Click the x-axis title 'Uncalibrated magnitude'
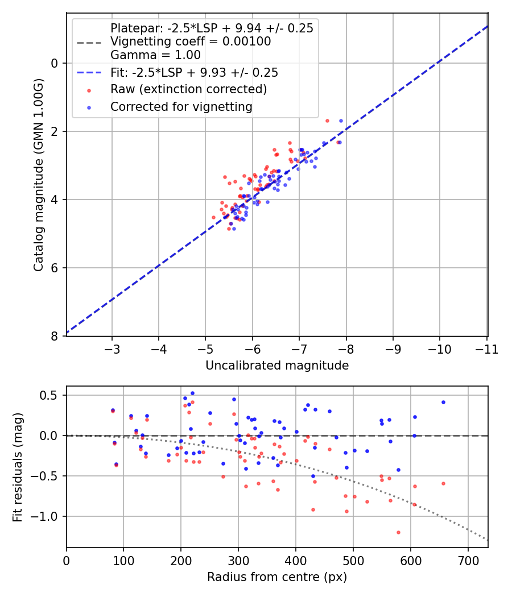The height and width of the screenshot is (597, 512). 276,366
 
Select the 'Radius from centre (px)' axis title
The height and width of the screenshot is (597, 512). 276,577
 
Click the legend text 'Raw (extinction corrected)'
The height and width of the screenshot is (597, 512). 188,89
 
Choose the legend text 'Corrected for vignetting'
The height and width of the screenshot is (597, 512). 181,106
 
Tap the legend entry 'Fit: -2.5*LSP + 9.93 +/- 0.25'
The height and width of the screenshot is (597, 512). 194,72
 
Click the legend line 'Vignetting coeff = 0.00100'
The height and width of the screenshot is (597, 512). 191,42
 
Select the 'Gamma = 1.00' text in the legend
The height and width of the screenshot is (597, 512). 155,55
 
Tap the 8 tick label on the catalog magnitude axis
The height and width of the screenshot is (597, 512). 55,336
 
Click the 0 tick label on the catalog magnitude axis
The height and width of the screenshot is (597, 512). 55,63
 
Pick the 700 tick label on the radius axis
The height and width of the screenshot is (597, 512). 468,560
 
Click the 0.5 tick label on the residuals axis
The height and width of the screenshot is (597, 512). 49,395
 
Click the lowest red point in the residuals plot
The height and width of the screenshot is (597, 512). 398,532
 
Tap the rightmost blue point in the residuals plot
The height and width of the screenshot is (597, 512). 443,402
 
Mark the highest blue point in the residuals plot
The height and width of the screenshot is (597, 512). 192,393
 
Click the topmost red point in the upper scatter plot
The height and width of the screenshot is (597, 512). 327,121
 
